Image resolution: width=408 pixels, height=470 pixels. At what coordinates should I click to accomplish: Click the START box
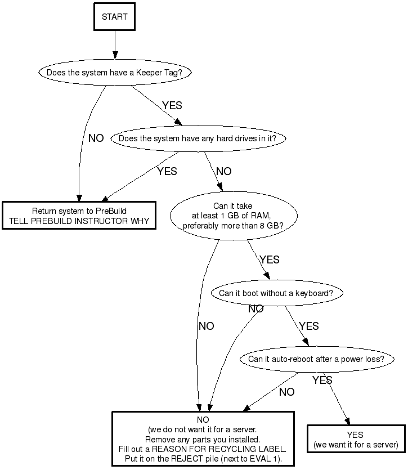click(115, 17)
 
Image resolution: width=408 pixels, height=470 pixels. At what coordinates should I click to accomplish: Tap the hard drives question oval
click(201, 138)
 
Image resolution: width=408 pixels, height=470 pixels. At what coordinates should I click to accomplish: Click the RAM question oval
click(233, 216)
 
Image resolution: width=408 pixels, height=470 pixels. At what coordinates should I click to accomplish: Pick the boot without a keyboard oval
click(276, 293)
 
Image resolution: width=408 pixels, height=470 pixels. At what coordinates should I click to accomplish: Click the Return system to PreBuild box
click(79, 216)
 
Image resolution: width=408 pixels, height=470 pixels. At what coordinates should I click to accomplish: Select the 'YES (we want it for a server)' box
click(356, 440)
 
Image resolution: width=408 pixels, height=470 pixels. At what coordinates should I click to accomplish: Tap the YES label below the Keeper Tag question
click(172, 105)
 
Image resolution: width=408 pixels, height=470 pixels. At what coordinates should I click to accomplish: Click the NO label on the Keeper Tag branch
click(96, 138)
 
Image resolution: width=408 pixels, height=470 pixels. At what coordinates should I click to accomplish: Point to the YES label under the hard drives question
click(167, 171)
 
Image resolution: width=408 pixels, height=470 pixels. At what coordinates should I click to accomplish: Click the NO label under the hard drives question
click(223, 171)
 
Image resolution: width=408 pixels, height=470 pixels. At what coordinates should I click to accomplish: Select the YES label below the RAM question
click(270, 259)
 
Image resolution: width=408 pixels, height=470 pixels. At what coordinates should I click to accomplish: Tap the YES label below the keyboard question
click(308, 326)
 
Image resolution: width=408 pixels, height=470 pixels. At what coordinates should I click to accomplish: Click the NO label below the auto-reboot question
click(286, 392)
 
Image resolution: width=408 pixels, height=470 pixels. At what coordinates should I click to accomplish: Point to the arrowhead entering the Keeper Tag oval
click(115, 56)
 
